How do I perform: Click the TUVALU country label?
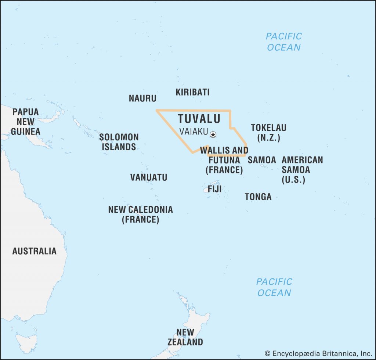[199, 119]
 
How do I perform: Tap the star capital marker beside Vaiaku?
[213, 134]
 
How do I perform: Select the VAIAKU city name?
[194, 132]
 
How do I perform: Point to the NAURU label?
[142, 98]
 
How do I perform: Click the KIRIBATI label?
[192, 92]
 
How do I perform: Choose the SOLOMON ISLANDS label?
[119, 142]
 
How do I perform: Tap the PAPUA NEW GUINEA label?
[25, 122]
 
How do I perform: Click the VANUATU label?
[149, 177]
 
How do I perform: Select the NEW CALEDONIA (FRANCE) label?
[140, 215]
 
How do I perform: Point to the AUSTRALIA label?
[35, 251]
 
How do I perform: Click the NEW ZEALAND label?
[185, 337]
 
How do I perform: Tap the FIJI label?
[214, 189]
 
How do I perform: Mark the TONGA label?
[258, 197]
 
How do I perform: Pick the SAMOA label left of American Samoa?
[262, 160]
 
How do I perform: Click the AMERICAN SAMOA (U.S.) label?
[302, 170]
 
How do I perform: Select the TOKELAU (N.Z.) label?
[268, 133]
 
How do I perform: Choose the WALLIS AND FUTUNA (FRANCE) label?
[224, 160]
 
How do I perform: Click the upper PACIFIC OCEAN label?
[284, 42]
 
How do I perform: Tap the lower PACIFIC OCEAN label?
[274, 287]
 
